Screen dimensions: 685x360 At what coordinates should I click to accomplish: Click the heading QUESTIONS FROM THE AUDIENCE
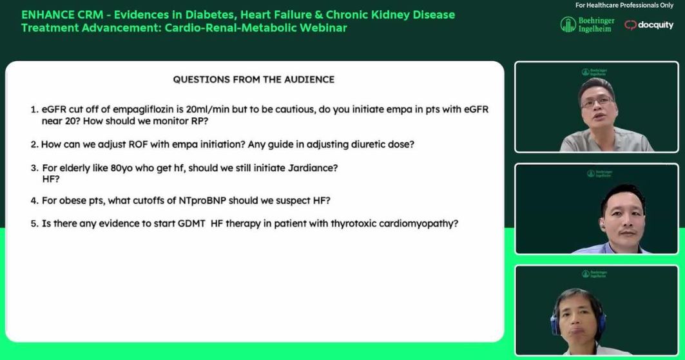coord(253,79)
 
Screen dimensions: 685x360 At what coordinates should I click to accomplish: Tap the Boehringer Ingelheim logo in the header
coord(587,24)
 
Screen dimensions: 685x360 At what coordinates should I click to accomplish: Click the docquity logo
coord(649,25)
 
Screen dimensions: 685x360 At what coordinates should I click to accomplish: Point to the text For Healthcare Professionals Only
coord(624,5)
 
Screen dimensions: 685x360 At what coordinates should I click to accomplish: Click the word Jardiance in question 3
coord(313,168)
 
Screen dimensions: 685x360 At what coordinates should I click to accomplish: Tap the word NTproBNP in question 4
coord(202,200)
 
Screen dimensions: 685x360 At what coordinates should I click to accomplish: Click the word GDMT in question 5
coord(191,223)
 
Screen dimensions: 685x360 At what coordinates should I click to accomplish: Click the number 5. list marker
coord(35,223)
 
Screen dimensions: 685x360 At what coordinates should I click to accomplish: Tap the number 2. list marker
coord(35,144)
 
